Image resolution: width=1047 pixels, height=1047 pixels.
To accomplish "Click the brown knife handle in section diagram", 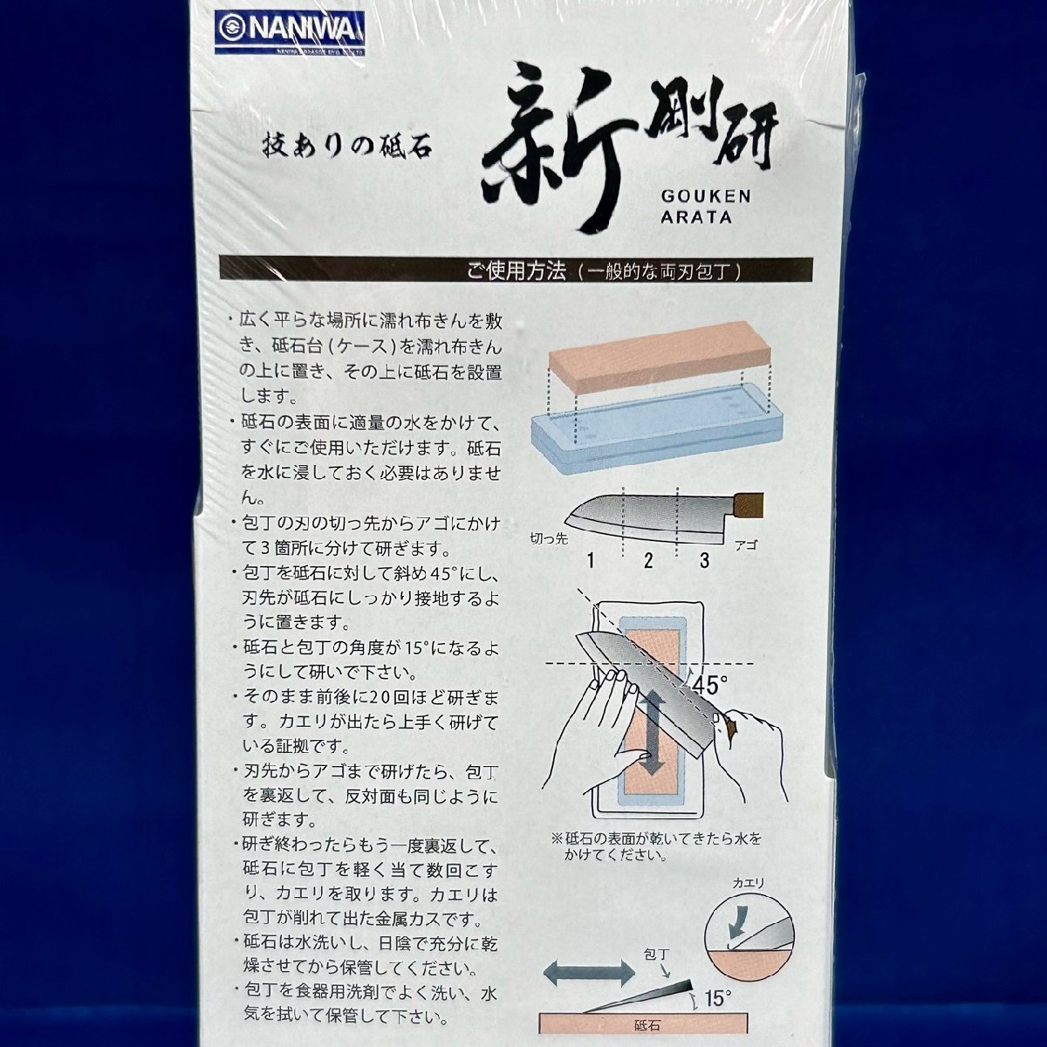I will pos(751,503).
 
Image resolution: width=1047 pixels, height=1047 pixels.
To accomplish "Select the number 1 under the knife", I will pos(591,560).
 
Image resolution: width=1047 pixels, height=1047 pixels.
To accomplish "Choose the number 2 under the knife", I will pos(647,560).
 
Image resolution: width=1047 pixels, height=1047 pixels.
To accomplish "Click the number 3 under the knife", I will pos(703,560).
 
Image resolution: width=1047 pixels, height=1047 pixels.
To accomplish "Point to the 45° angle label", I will pos(713,685).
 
